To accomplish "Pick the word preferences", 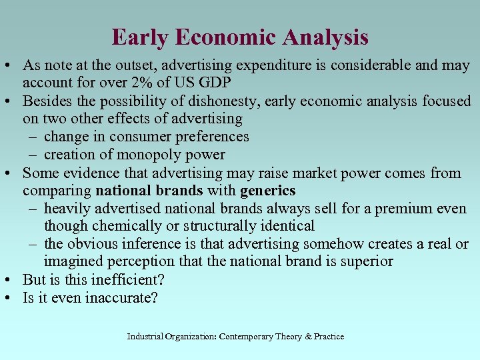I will (210, 137).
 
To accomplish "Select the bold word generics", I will (268, 191).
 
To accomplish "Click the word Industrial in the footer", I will (145, 337).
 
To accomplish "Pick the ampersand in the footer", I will (307, 337).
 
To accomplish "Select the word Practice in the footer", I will (329, 337).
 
